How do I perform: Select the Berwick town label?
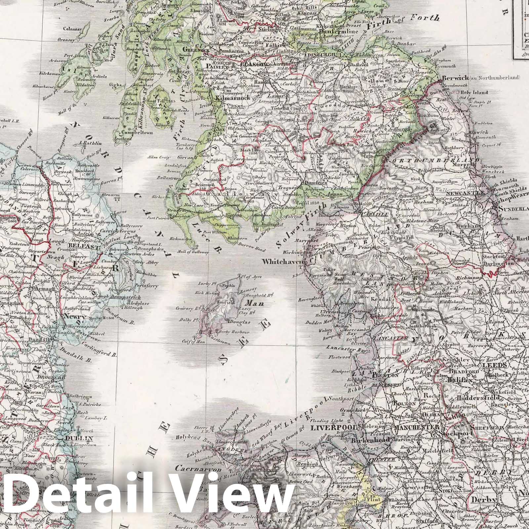tap(455, 77)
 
